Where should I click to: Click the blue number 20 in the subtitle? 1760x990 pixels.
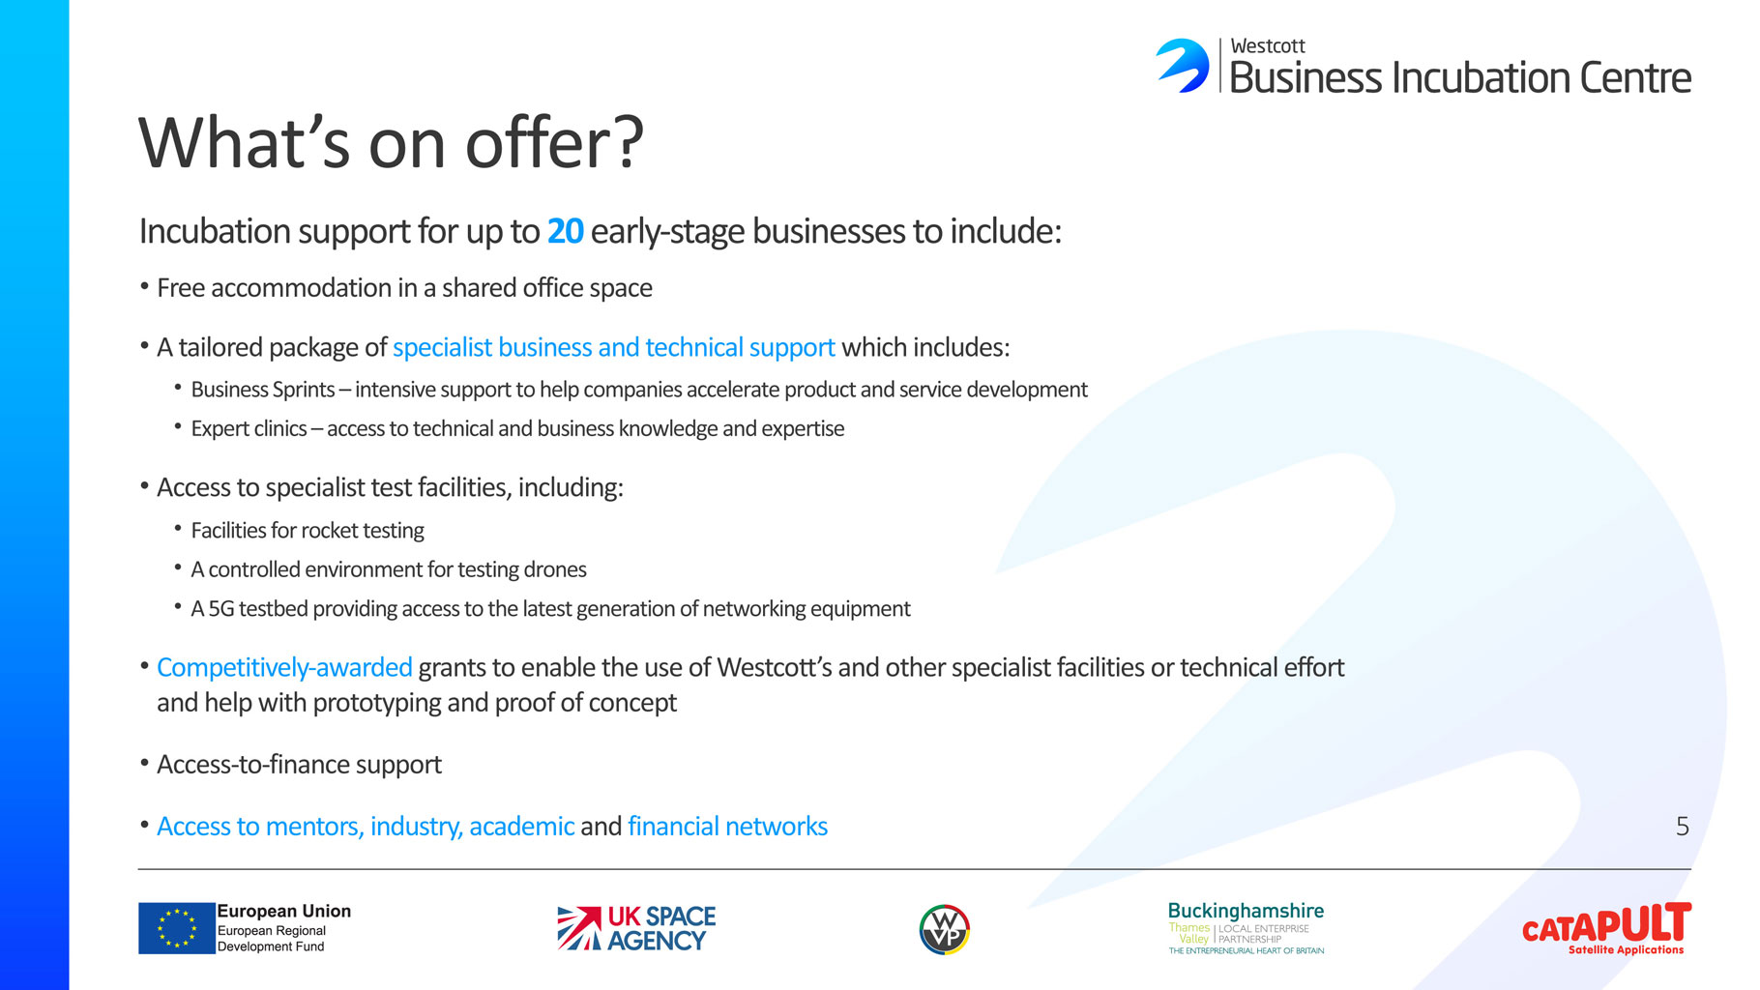click(x=565, y=231)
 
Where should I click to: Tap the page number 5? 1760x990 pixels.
click(x=1682, y=826)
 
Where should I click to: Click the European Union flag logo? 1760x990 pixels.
click(x=177, y=928)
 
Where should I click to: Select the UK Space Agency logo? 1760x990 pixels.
click(x=636, y=928)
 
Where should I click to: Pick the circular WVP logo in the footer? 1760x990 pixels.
click(x=944, y=929)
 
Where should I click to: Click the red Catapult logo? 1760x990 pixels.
click(x=1606, y=928)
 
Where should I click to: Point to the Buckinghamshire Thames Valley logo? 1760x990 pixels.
click(x=1246, y=928)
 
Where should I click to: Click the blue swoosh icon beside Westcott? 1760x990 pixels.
click(x=1183, y=65)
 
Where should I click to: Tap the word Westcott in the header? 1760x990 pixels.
click(x=1267, y=46)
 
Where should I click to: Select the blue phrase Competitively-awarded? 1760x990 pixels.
click(x=284, y=667)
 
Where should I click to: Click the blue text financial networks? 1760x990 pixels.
click(x=727, y=826)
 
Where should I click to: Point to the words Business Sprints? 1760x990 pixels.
click(x=263, y=390)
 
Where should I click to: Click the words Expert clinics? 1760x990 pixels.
click(x=249, y=428)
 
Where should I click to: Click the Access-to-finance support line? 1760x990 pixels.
click(x=299, y=764)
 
